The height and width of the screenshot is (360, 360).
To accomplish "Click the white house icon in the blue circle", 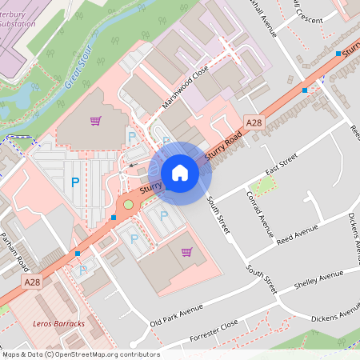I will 180,173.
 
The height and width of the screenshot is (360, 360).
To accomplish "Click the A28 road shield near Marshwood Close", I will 254,122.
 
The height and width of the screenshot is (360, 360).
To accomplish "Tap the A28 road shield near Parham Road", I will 32,282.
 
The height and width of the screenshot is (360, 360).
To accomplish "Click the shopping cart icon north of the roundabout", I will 96,122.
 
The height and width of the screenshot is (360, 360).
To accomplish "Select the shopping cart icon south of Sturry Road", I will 186,252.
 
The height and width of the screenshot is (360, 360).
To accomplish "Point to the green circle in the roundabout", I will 128,205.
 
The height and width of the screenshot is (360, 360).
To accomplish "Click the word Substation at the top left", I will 21,23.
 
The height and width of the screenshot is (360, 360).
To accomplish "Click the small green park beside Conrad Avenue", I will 264,186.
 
